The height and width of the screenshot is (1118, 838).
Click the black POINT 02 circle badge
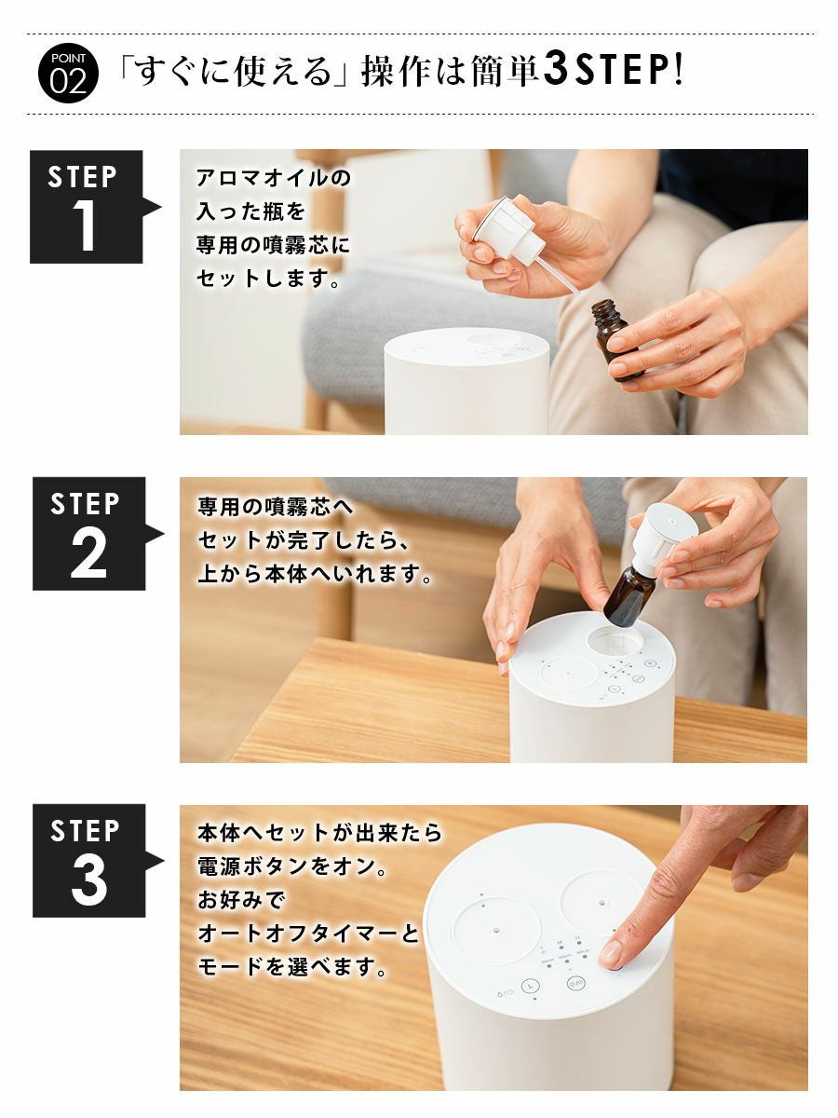(x=68, y=73)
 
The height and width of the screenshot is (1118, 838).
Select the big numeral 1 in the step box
(x=85, y=225)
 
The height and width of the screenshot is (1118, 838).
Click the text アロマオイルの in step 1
(x=274, y=178)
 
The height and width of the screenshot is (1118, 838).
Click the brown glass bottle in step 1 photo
(x=616, y=339)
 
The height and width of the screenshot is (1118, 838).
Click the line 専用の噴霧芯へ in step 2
(x=276, y=507)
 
